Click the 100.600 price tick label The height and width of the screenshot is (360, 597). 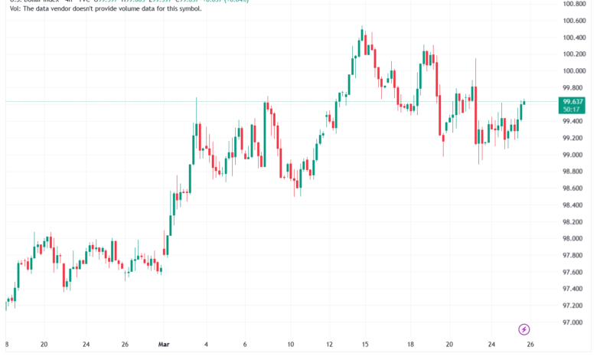574,21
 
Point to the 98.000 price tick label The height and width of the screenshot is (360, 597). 574,222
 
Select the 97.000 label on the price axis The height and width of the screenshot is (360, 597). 574,322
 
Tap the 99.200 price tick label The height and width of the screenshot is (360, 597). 574,138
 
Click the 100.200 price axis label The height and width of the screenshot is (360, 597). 574,54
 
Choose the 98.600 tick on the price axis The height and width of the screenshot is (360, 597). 574,188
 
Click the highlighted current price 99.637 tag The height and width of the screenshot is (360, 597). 573,101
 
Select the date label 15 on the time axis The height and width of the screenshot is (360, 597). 366,345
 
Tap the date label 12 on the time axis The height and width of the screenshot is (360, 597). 330,345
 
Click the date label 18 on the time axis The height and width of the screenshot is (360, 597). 410,345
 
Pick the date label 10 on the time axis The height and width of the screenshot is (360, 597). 291,345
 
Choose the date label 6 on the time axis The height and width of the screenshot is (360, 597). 245,345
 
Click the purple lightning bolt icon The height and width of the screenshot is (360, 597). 524,330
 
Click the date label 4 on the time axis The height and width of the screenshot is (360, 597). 207,345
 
